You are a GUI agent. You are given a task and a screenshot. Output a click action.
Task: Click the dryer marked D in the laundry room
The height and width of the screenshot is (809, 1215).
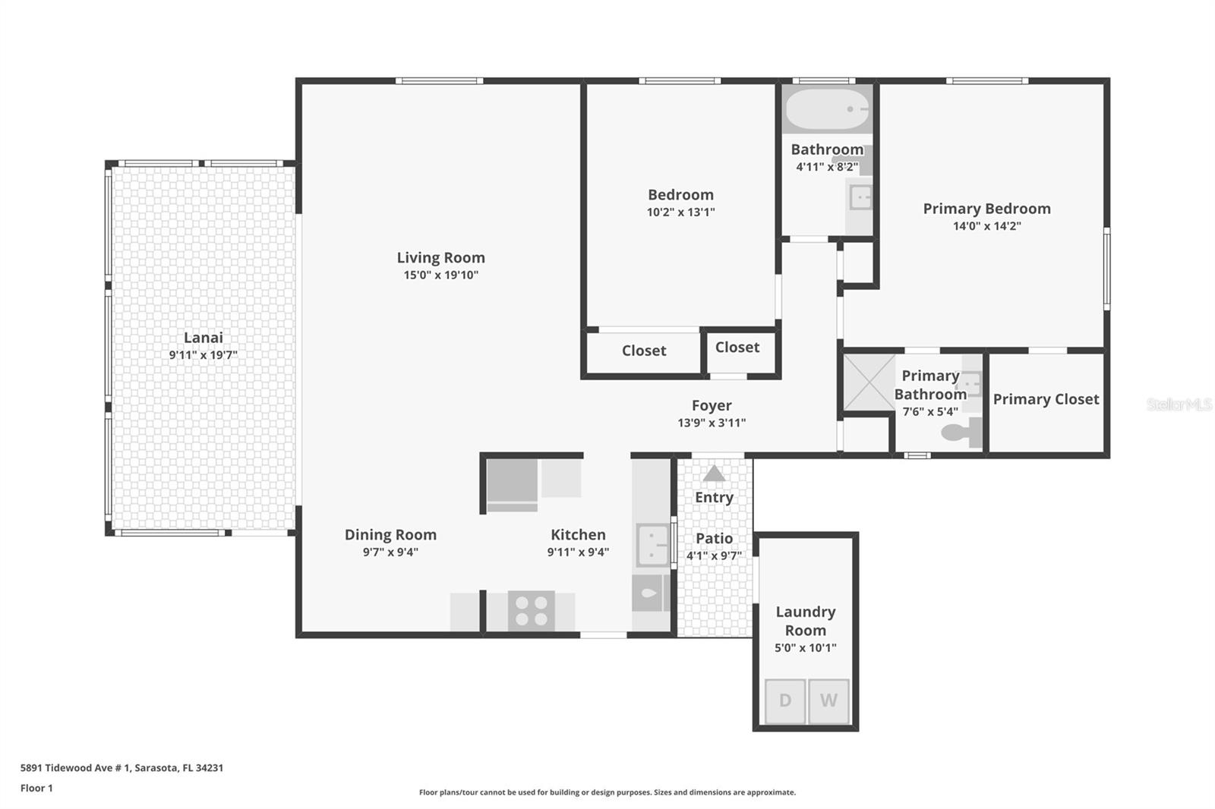[785, 701]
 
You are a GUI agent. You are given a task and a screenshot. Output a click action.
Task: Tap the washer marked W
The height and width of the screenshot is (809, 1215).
[828, 701]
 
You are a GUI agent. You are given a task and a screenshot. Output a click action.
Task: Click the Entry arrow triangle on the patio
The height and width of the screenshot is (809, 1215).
[714, 474]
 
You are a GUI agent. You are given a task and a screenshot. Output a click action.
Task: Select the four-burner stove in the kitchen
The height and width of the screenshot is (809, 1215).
[531, 611]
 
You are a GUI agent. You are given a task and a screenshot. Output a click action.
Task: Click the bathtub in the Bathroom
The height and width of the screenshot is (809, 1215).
[827, 109]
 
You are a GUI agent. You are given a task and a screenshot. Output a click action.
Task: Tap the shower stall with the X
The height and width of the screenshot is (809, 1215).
[869, 382]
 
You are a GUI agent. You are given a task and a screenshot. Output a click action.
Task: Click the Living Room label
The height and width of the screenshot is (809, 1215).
[441, 257]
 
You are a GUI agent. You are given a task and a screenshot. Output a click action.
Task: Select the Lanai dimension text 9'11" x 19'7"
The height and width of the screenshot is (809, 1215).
[204, 355]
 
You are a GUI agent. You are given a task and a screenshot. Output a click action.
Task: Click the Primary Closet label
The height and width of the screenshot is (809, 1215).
[1046, 400]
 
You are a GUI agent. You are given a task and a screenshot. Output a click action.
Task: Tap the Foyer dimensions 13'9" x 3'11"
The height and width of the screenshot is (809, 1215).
[712, 423]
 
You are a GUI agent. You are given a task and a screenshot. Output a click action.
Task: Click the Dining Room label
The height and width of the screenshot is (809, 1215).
[390, 535]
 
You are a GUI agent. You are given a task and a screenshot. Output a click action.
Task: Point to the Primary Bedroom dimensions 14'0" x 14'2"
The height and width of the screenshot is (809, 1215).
[987, 226]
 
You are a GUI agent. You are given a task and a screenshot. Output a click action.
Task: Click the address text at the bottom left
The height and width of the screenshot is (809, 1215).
[122, 768]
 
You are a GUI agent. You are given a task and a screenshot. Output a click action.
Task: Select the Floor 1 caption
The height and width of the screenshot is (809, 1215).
[36, 789]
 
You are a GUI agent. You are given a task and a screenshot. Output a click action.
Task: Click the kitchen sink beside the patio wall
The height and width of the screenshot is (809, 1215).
[652, 544]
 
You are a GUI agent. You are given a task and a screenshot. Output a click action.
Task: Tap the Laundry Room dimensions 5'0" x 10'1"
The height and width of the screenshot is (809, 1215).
[806, 648]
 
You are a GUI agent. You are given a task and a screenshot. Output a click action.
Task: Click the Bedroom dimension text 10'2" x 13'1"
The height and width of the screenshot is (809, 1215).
[680, 212]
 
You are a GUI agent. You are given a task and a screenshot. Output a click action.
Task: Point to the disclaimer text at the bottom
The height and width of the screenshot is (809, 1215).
[607, 792]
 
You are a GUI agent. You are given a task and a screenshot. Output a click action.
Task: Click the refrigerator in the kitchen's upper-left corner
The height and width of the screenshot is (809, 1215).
[512, 485]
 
